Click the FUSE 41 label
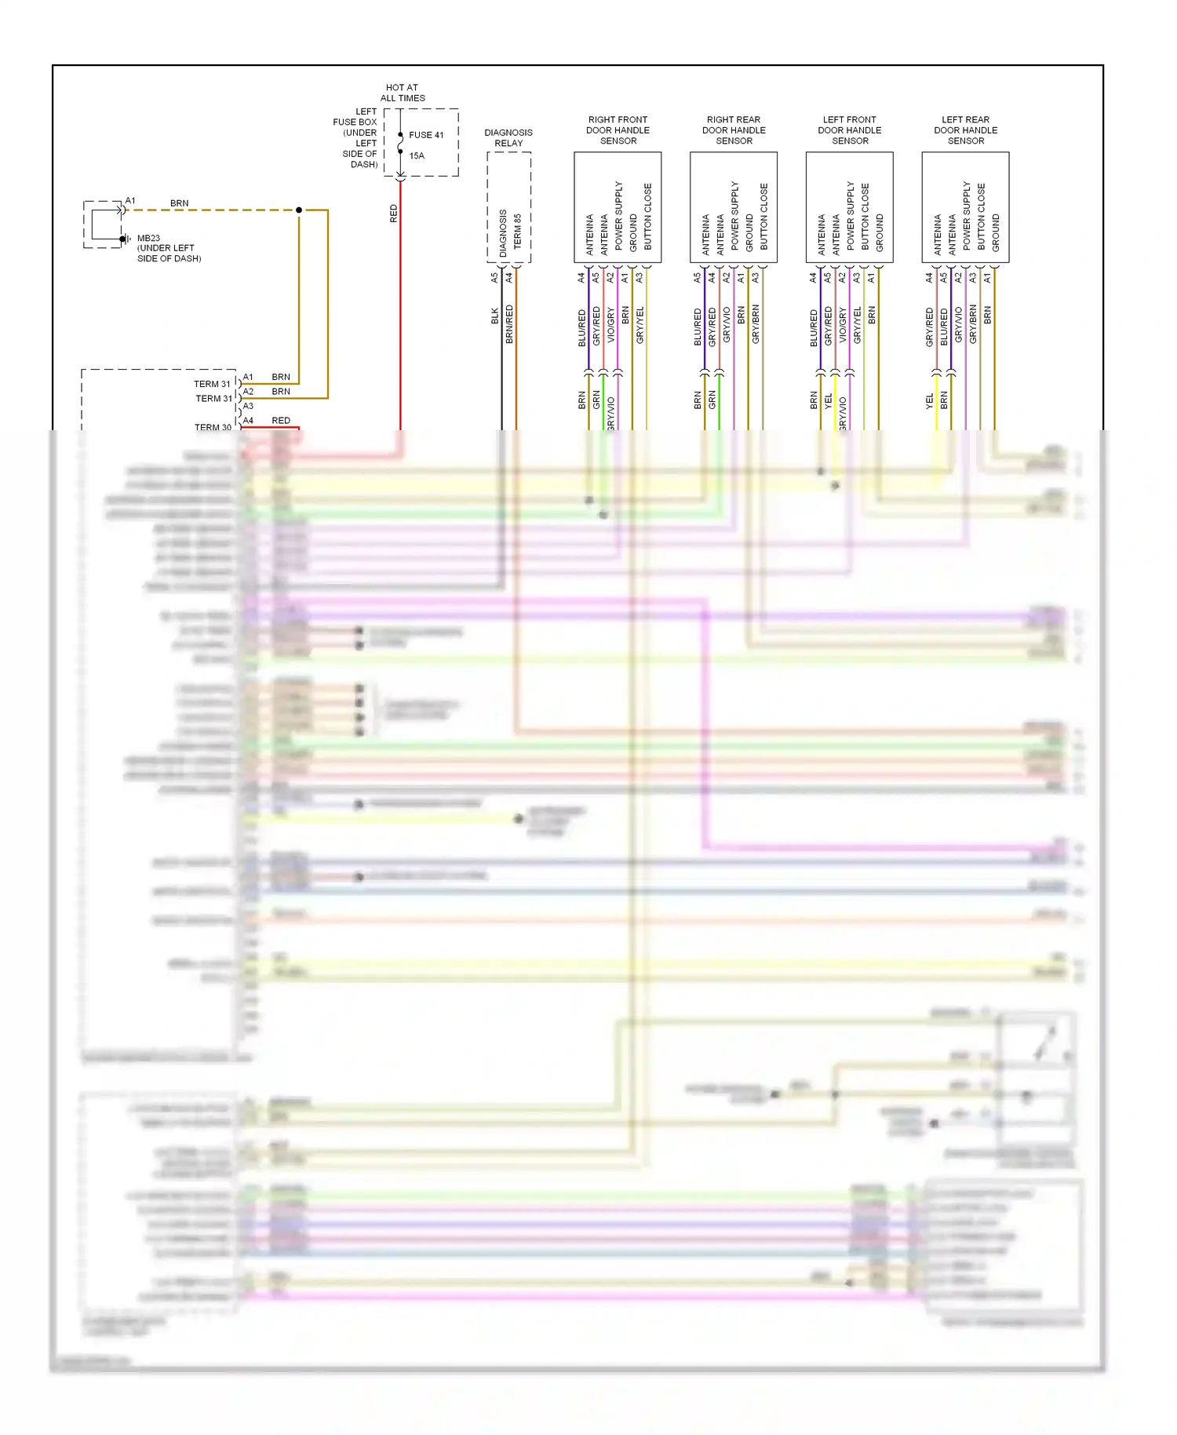[x=426, y=135]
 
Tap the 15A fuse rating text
[x=417, y=155]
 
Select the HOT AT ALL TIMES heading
[x=403, y=93]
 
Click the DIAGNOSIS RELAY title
[x=508, y=137]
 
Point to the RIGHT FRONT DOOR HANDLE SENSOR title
[x=618, y=130]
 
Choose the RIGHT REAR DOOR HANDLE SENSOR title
[x=734, y=130]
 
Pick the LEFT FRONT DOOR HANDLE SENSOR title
[x=850, y=130]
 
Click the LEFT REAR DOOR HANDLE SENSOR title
[x=966, y=130]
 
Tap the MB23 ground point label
[x=148, y=238]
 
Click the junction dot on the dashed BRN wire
[x=299, y=210]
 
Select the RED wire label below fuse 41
[x=394, y=214]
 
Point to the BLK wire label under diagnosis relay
[x=495, y=316]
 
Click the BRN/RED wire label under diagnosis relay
[x=510, y=323]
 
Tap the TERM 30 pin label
[x=213, y=427]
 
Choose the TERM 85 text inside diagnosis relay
[x=518, y=232]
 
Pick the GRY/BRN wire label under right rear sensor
[x=756, y=323]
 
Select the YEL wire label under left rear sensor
[x=930, y=401]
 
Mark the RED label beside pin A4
[x=281, y=421]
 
